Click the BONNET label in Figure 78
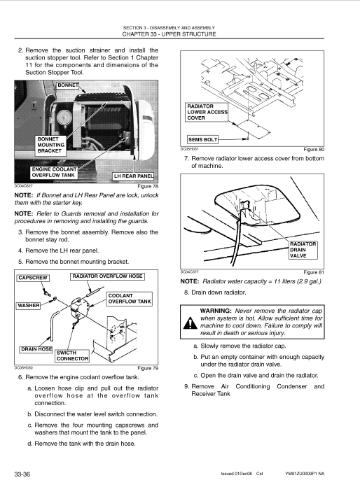click(67, 85)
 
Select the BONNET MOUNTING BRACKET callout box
click(50, 145)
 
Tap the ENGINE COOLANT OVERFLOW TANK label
click(53, 173)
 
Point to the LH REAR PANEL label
click(134, 176)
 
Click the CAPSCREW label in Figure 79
click(33, 278)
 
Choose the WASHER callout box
click(29, 306)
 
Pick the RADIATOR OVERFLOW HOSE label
click(107, 276)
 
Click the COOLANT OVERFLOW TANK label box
click(130, 299)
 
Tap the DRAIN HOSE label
click(36, 350)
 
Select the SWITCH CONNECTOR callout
click(72, 356)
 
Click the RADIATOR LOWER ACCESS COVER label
click(207, 112)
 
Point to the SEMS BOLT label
click(202, 140)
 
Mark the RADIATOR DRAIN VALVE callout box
click(303, 250)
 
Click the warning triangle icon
click(191, 323)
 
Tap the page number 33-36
click(22, 474)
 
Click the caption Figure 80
click(314, 150)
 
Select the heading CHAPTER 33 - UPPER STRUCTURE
click(169, 34)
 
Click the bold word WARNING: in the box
click(216, 311)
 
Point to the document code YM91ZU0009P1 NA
click(305, 474)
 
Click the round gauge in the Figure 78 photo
click(64, 118)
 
